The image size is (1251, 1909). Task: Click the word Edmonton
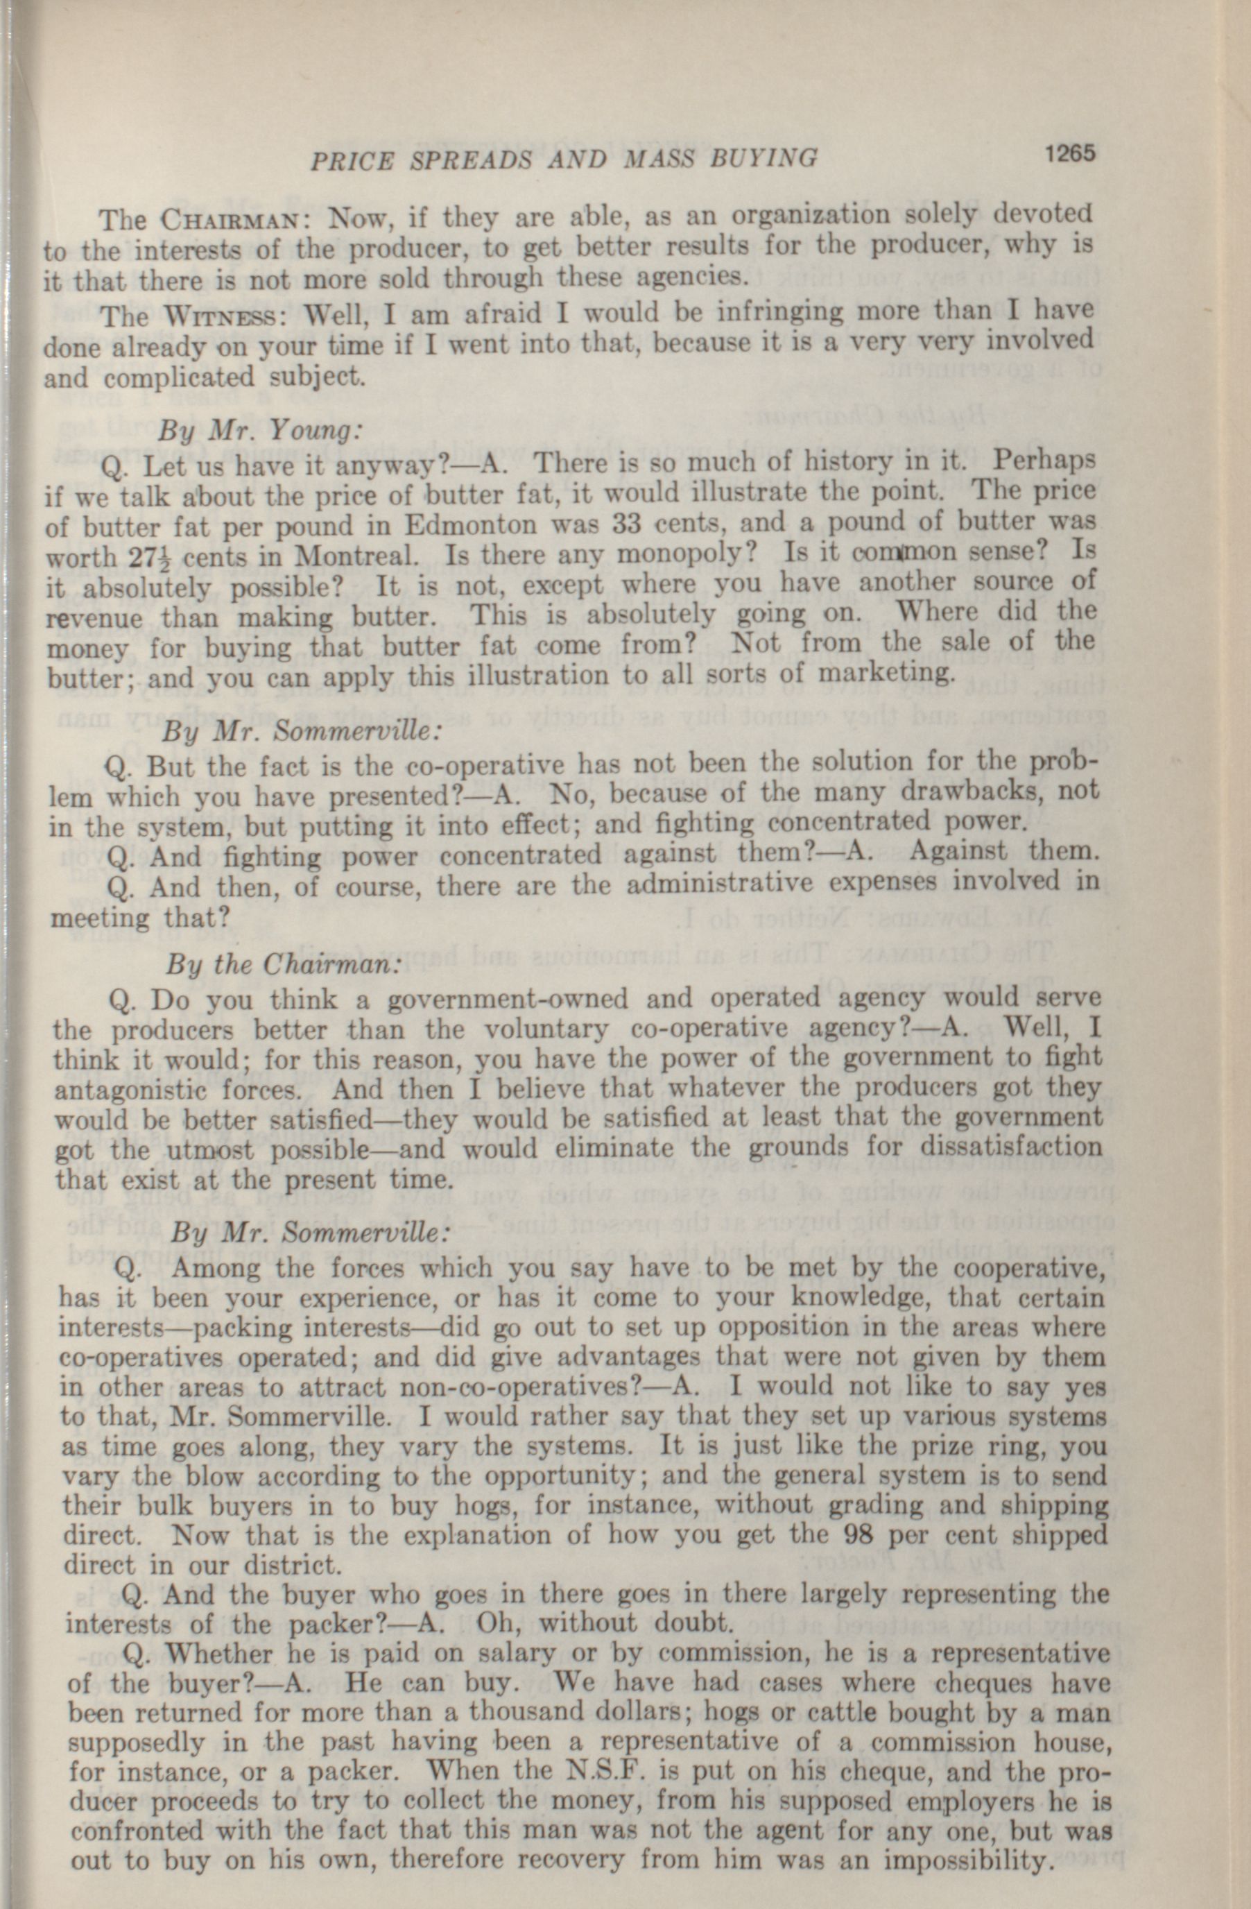coord(471,525)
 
